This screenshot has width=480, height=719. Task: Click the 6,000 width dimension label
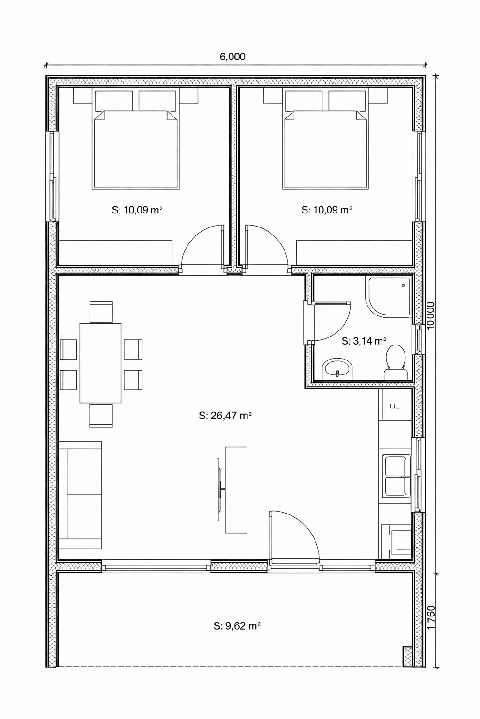[232, 57]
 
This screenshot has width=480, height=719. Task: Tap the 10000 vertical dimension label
[431, 315]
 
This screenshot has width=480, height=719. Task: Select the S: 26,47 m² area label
[225, 416]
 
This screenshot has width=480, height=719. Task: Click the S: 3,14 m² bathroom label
[364, 341]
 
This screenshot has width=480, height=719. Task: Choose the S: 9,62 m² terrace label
[237, 625]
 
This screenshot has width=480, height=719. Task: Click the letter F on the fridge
[395, 406]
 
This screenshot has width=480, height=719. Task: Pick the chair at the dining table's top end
[101, 312]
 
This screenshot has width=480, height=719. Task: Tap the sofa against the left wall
[80, 495]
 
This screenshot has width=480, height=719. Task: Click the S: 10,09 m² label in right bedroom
[327, 210]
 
